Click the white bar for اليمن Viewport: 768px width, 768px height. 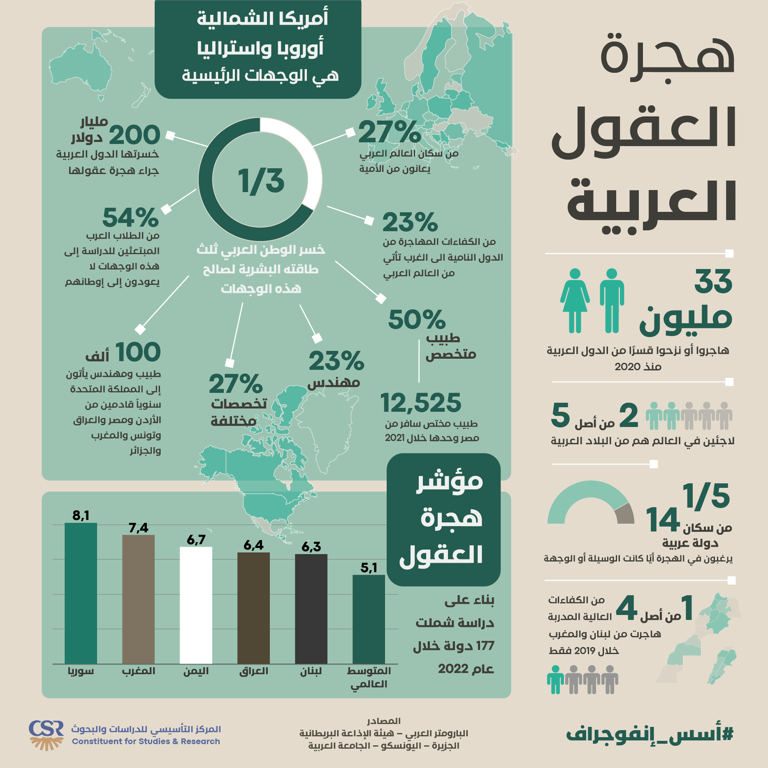coord(196,605)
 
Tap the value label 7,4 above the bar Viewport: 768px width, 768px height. coord(138,527)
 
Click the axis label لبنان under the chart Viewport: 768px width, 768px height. coord(311,671)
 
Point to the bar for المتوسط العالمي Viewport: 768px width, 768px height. coord(369,619)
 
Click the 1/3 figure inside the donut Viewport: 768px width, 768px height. coord(261,181)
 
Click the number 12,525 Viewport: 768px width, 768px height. coord(420,403)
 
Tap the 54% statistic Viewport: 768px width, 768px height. coord(130,218)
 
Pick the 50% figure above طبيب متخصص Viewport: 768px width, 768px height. coord(416,320)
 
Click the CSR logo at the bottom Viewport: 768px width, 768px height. coord(46,735)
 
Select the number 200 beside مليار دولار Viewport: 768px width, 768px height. coord(135,135)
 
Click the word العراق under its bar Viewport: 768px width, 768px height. coord(254,671)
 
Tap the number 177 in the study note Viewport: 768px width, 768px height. coord(485,646)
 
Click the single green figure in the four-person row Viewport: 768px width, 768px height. coord(555,680)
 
